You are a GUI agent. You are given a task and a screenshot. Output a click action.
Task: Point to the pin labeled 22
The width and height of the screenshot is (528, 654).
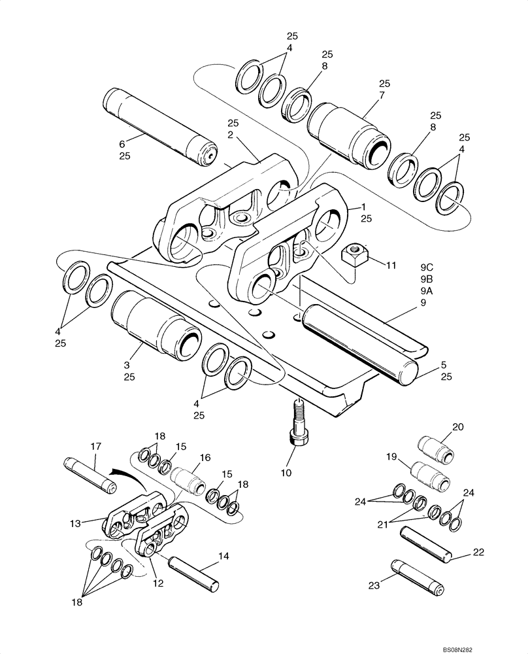pos(424,544)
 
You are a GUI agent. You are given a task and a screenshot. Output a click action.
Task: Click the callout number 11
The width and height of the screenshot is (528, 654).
pos(391,266)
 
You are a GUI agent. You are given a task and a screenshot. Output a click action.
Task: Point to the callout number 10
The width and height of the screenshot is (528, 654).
pos(286,472)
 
